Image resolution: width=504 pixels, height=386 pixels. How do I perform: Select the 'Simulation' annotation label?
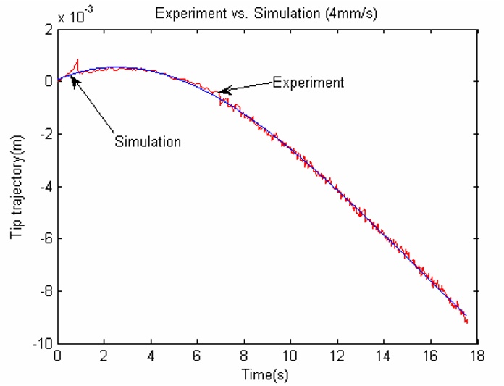click(148, 142)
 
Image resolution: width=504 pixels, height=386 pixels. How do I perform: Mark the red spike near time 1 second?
click(77, 61)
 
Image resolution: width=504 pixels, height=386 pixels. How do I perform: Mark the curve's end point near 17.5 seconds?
click(467, 321)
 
